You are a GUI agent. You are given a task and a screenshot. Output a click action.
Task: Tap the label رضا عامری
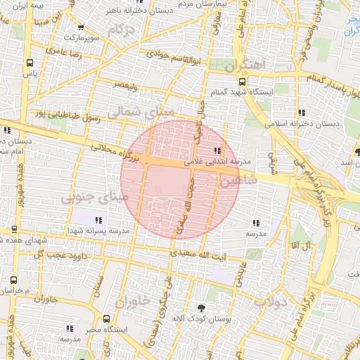click(63, 51)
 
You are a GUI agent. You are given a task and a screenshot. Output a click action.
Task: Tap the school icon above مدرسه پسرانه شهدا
click(98, 220)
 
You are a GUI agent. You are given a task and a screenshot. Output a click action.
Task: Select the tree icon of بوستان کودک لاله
click(202, 307)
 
